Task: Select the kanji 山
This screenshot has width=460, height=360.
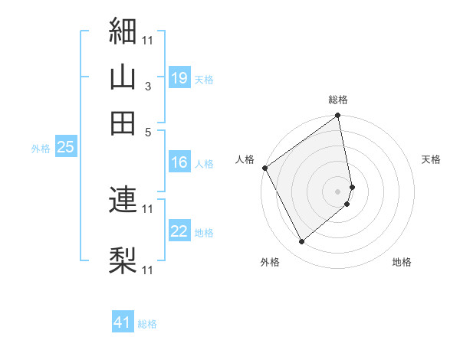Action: click(123, 77)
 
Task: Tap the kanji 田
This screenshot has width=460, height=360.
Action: click(123, 123)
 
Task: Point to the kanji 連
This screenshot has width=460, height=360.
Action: click(123, 199)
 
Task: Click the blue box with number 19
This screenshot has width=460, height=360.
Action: click(179, 77)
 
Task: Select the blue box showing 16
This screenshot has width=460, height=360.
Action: click(179, 162)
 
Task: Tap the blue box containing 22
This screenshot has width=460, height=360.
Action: click(179, 232)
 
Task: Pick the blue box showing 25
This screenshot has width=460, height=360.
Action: click(65, 148)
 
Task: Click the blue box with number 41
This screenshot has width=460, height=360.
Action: click(123, 322)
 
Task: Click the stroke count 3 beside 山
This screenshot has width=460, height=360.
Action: click(148, 87)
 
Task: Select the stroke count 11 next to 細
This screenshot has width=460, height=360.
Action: click(148, 39)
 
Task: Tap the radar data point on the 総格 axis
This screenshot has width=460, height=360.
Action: click(337, 116)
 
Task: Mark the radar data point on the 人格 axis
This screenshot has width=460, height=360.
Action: click(264, 168)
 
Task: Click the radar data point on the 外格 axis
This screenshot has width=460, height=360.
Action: click(301, 242)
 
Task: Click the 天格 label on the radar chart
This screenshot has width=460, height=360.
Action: click(431, 159)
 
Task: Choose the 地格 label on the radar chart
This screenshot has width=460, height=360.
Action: click(402, 262)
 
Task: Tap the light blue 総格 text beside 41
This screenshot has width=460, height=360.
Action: click(147, 324)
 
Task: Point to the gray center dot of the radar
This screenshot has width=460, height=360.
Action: click(337, 190)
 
